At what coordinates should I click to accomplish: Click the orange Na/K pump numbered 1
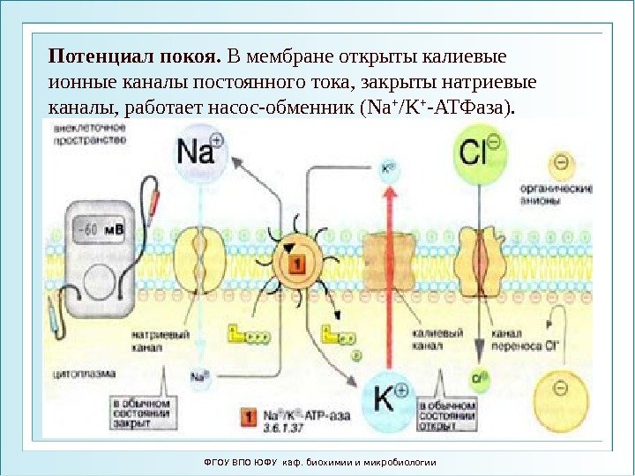tap(297, 262)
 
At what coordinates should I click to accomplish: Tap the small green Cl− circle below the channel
tap(479, 379)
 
